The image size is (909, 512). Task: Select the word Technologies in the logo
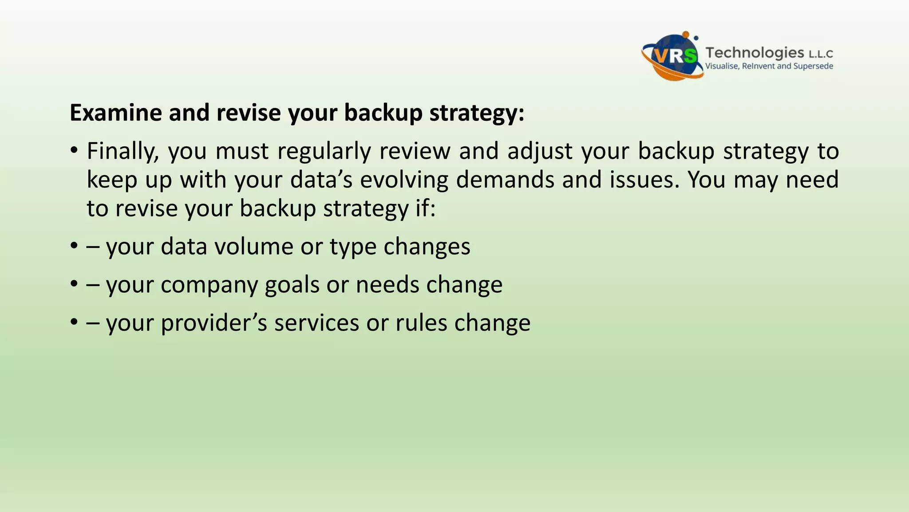click(755, 52)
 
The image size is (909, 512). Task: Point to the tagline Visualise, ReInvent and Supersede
click(769, 66)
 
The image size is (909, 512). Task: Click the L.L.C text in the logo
click(821, 54)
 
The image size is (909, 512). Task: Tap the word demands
click(505, 180)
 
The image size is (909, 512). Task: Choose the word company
click(209, 284)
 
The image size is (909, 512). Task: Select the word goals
click(292, 284)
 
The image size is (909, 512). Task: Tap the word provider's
click(213, 323)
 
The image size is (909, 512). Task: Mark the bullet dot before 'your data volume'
click(74, 246)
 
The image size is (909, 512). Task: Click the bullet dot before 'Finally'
click(74, 151)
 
